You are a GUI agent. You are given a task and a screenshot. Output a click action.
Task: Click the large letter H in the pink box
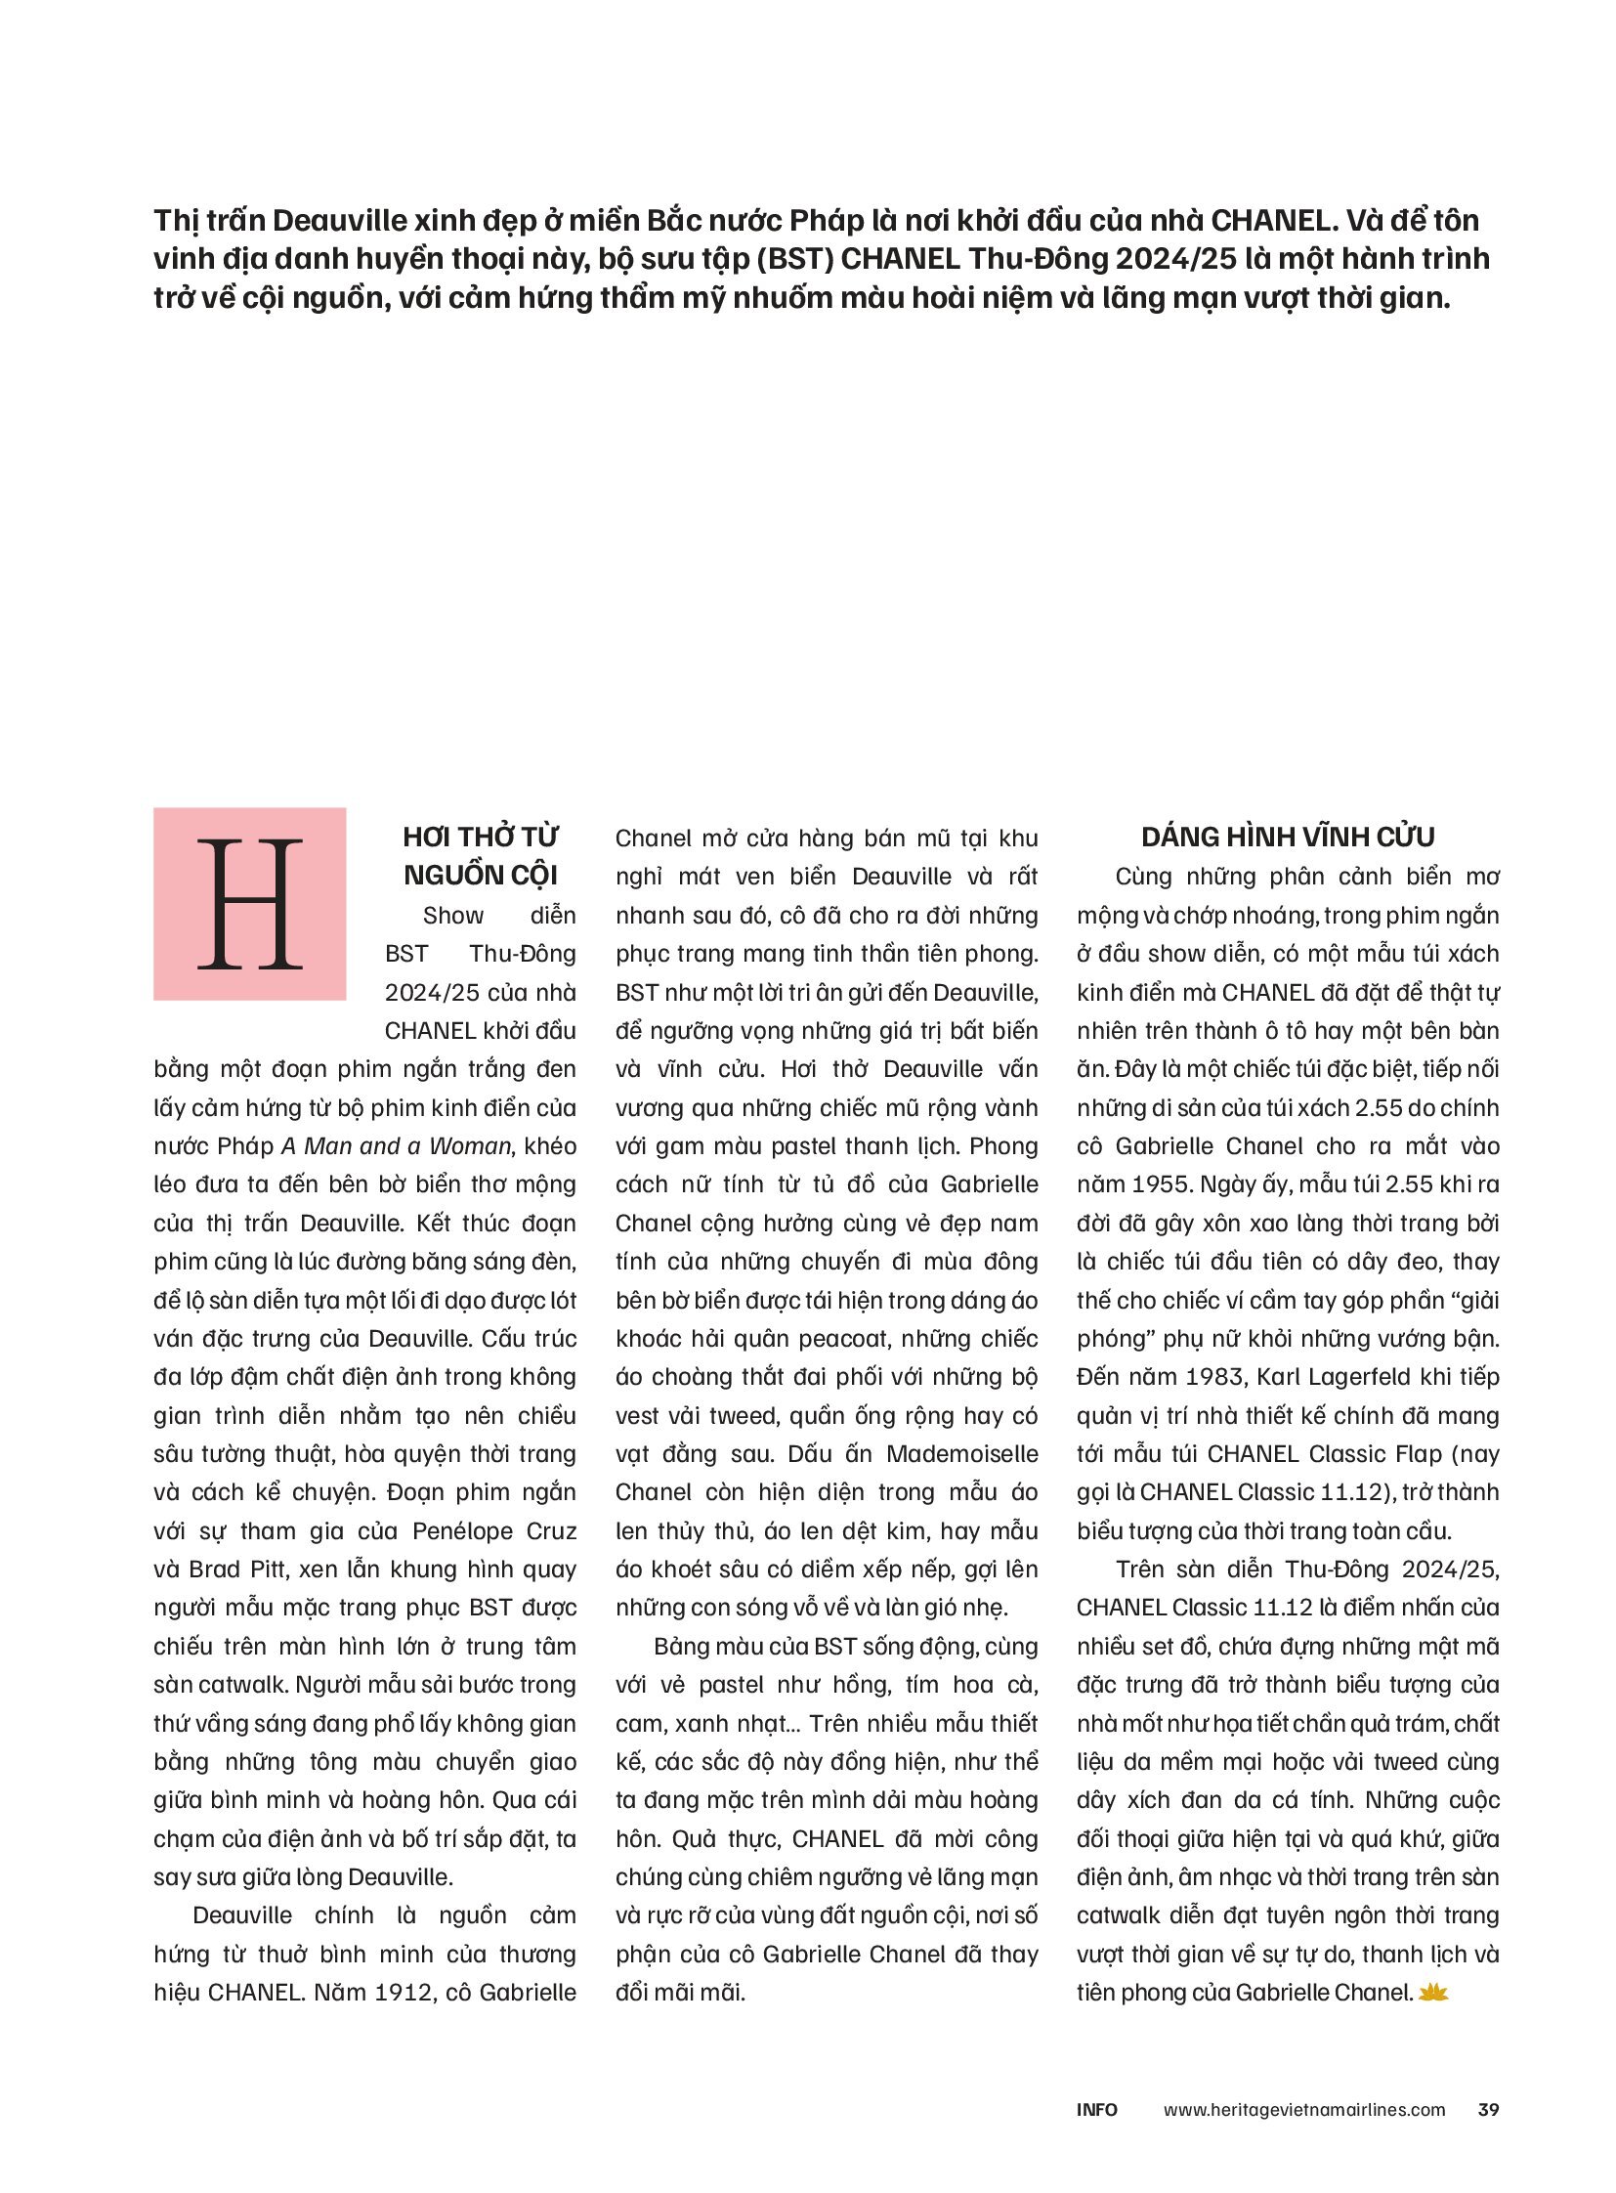[x=249, y=903]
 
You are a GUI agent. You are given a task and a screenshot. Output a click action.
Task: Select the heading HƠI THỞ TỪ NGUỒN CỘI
[x=481, y=856]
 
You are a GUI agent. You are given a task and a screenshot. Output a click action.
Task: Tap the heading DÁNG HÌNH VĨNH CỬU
[x=1288, y=838]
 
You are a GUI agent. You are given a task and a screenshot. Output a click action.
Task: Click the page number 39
[x=1488, y=2109]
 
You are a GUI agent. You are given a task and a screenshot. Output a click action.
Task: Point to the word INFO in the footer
[x=1096, y=2109]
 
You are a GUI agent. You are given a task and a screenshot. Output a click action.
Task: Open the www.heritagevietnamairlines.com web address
[x=1304, y=2109]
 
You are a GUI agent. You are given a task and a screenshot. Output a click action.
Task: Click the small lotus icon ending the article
[x=1432, y=1992]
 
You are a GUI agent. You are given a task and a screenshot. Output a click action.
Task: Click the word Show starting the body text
[x=453, y=916]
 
